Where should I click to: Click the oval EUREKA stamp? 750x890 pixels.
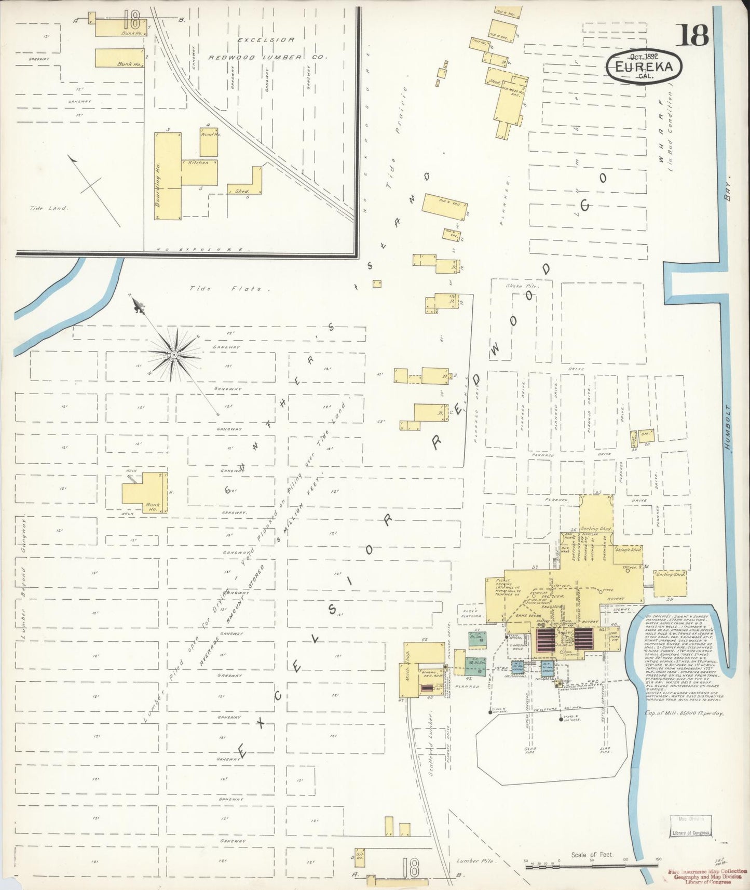(x=644, y=67)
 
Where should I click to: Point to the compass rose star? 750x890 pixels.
(x=174, y=355)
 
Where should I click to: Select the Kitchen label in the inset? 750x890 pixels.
(x=198, y=163)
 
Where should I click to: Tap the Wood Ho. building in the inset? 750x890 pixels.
(x=209, y=141)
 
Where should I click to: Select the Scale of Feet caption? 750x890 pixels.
(x=592, y=854)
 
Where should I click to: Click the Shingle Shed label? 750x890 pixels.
(x=628, y=549)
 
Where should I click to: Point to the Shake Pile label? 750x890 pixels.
(x=522, y=286)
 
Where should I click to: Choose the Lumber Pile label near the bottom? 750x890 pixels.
(x=475, y=860)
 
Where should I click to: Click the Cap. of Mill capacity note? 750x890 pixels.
(x=684, y=713)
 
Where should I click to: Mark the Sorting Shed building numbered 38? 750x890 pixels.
(x=670, y=584)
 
